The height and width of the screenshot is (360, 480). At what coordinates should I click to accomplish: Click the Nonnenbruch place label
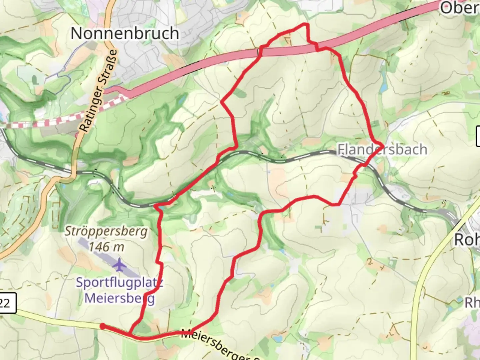click(125, 33)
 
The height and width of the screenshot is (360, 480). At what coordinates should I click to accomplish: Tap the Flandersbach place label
click(382, 149)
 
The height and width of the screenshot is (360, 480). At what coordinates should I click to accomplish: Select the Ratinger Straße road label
click(99, 91)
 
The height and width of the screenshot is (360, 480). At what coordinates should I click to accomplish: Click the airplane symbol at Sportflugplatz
click(119, 265)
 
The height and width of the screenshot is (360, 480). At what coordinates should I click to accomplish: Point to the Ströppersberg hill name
click(106, 231)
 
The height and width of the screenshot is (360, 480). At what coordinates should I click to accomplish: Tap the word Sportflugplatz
click(119, 282)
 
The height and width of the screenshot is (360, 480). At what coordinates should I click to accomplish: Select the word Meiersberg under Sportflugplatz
click(120, 298)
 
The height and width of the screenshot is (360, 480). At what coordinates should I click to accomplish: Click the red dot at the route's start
click(103, 326)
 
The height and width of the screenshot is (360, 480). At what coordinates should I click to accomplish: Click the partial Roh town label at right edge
click(467, 239)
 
